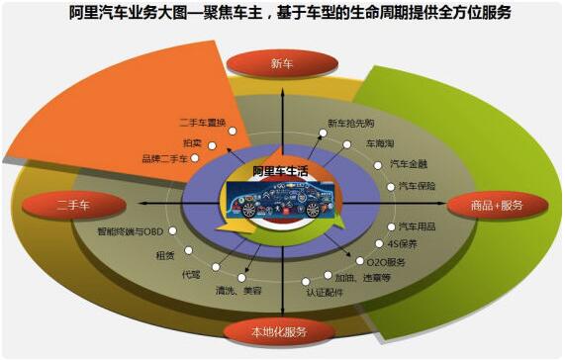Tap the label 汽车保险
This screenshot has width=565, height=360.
tap(417, 185)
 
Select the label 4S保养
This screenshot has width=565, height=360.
tap(404, 243)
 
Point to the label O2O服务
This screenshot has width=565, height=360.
tap(386, 262)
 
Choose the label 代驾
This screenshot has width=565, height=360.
tap(189, 273)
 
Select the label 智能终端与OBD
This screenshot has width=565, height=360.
tap(131, 232)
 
